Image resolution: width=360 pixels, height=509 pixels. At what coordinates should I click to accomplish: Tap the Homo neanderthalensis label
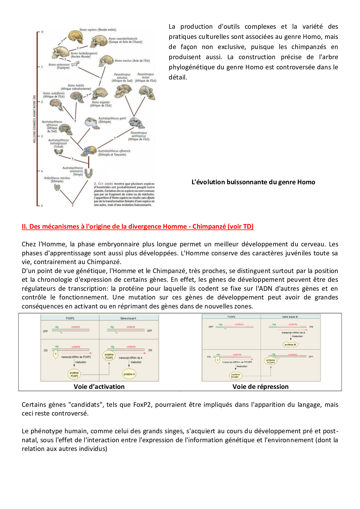(125, 40)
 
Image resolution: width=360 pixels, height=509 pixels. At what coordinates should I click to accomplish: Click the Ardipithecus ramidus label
(57, 180)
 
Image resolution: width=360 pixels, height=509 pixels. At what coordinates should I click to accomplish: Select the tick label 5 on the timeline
(42, 206)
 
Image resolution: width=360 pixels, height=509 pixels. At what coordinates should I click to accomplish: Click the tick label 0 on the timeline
(42, 32)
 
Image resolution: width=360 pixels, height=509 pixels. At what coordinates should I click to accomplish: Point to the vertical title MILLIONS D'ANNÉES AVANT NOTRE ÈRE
(35, 119)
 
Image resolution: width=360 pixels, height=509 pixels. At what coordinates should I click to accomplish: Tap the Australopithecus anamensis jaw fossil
(89, 173)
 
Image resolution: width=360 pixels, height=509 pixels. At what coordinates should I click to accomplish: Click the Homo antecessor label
(59, 66)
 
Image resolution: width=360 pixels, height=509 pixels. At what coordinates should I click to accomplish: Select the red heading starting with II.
(137, 226)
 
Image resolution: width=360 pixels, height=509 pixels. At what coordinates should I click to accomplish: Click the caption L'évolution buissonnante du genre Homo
(253, 182)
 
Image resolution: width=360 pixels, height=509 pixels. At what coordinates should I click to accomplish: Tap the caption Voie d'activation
(99, 387)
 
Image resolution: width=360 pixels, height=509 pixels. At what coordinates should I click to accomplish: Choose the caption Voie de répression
(260, 387)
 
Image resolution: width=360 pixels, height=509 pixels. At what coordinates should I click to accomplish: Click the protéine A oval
(129, 374)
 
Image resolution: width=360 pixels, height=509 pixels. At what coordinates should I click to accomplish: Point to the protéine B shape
(290, 344)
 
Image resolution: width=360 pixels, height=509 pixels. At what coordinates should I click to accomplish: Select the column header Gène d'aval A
(128, 318)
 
